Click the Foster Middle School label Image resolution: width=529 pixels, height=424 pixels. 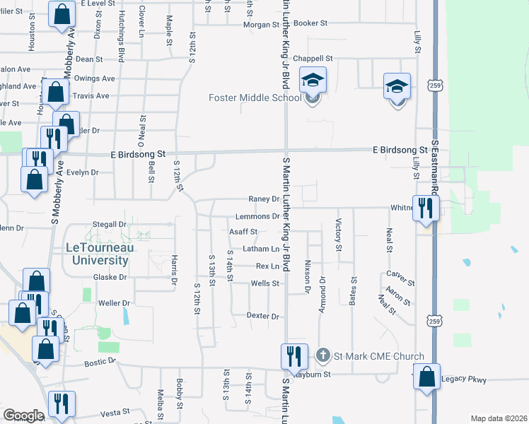point(255,98)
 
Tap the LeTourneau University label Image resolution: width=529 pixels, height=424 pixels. point(98,254)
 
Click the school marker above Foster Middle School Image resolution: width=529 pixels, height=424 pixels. point(312,80)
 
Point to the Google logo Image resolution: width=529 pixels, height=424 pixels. point(23,416)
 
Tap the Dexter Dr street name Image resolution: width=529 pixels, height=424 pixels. point(263,315)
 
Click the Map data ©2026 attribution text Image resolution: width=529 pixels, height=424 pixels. point(499,418)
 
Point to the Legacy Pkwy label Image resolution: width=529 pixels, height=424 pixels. point(464,380)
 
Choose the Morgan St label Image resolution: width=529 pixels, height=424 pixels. point(262,24)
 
